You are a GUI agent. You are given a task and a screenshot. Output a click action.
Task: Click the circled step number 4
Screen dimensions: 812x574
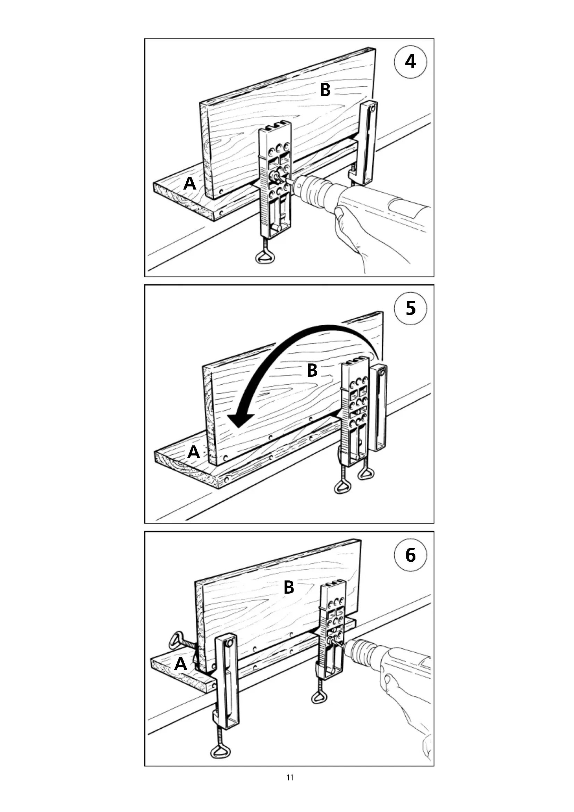click(x=410, y=62)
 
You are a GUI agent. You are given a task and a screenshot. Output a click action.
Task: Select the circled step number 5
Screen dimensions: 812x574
click(x=410, y=308)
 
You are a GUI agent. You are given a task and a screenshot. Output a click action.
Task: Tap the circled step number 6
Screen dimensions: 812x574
click(x=410, y=555)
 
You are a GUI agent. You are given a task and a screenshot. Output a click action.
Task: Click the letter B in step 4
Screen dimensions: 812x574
click(x=325, y=90)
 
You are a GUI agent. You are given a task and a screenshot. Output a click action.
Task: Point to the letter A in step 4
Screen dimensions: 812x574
click(x=190, y=184)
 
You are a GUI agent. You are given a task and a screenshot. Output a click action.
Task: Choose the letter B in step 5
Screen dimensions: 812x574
click(x=312, y=371)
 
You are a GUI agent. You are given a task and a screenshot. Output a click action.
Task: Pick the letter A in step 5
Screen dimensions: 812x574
click(x=193, y=452)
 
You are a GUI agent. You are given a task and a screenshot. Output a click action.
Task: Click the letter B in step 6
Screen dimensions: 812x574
click(x=289, y=587)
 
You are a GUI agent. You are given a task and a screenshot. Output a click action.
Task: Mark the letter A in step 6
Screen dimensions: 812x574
click(x=180, y=664)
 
